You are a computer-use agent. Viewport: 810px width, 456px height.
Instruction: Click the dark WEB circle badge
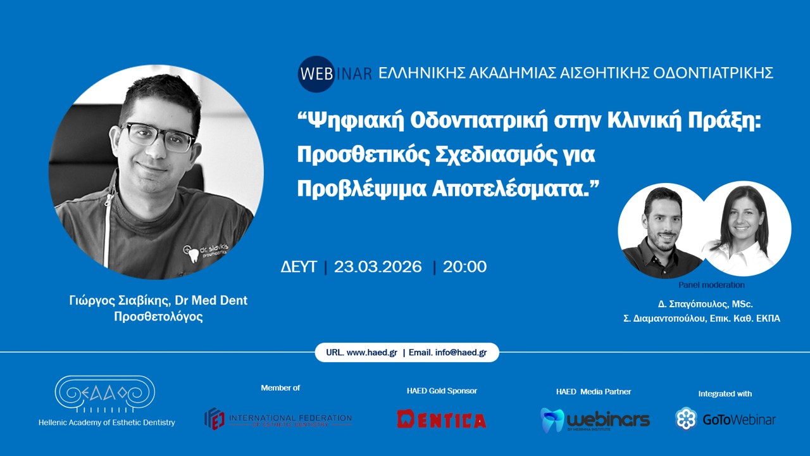(316, 73)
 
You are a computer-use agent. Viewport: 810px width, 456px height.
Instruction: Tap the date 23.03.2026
(378, 267)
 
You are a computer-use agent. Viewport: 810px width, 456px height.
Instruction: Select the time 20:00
(465, 267)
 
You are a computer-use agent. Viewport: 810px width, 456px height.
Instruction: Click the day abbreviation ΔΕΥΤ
(299, 267)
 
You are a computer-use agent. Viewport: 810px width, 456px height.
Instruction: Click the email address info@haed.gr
(461, 353)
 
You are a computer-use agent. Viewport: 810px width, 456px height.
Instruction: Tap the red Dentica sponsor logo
(442, 419)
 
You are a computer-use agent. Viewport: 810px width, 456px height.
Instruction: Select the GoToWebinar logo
(725, 419)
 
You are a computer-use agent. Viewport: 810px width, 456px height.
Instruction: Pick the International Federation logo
(278, 419)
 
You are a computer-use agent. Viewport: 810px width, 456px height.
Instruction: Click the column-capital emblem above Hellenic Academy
(104, 394)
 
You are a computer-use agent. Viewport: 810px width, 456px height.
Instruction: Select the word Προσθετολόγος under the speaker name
(158, 317)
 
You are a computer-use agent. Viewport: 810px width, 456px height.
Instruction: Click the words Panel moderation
(711, 285)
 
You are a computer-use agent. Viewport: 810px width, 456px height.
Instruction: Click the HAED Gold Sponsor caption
(442, 391)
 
